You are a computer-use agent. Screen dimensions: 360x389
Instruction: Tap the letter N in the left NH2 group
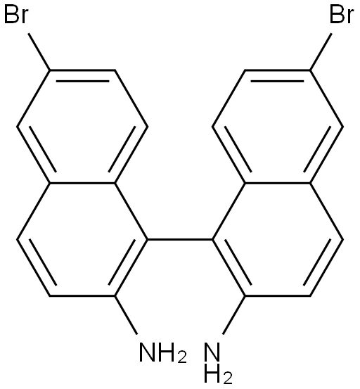pos(148,352)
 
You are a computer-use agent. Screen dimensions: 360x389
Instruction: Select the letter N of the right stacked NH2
pos(212,352)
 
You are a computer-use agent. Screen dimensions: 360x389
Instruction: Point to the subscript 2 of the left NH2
pos(182,357)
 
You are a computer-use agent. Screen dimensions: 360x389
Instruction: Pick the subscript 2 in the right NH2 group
pos(227,377)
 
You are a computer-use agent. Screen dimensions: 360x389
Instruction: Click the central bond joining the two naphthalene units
pos(180,239)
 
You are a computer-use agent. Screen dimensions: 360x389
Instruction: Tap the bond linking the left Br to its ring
pos(39,51)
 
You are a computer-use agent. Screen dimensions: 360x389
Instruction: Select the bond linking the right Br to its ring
pos(321,51)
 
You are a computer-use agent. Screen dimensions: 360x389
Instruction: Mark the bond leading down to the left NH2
pos(126,315)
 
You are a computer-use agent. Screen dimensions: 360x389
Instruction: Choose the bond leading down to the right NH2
pos(234,315)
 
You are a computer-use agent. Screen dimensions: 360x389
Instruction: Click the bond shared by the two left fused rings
pos(82,184)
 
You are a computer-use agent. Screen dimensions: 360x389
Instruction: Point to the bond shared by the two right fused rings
pos(278,184)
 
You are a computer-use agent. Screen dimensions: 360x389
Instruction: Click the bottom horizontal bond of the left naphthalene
pos(82,295)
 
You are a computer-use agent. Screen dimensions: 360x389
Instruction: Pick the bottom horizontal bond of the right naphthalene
pos(278,295)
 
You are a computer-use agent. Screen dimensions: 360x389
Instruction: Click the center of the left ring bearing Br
pos(82,127)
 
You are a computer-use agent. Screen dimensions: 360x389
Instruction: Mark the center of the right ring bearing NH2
pos(278,239)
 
